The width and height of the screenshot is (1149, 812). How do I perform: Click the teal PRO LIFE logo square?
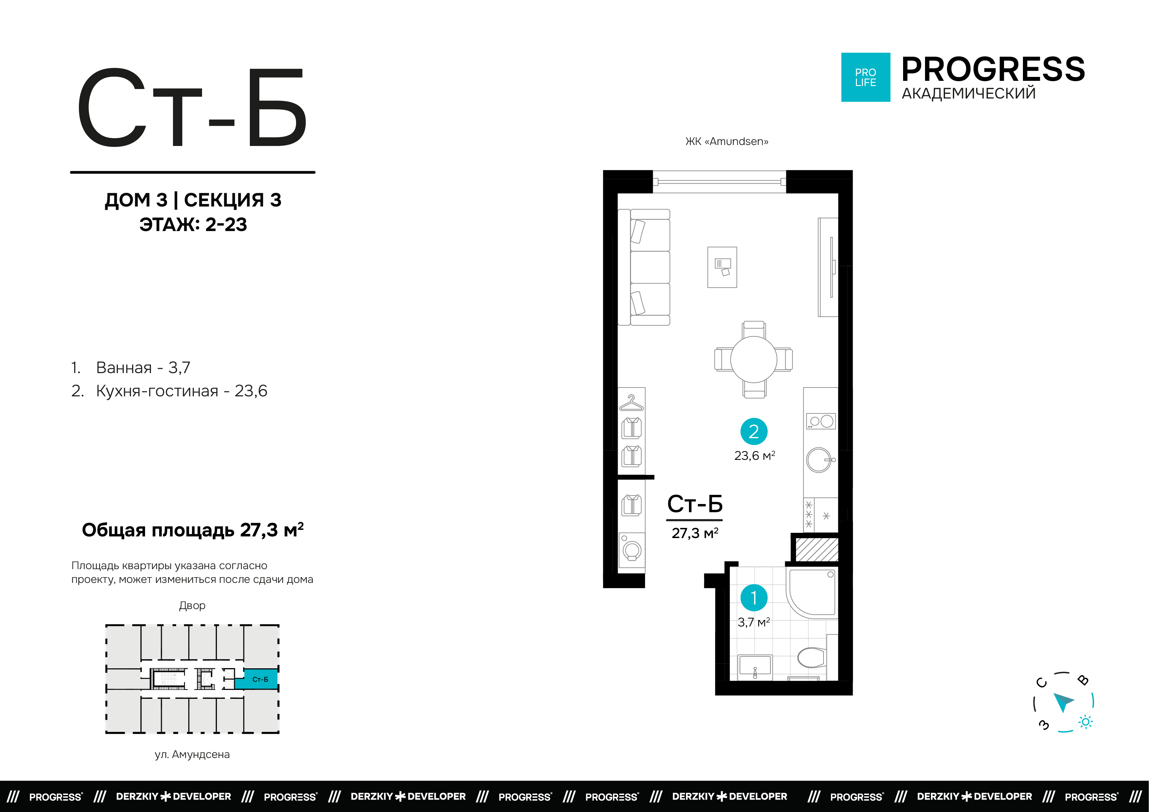click(x=865, y=77)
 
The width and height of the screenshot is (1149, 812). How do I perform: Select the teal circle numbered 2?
click(x=754, y=431)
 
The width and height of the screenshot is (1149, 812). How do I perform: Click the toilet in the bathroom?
click(x=811, y=658)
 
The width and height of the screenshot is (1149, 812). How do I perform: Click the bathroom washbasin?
click(x=755, y=667)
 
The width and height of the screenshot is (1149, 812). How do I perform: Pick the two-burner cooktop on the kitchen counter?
click(x=821, y=421)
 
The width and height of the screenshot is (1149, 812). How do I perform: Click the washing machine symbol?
click(x=632, y=550)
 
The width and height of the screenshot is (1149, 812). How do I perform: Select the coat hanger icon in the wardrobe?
click(x=632, y=403)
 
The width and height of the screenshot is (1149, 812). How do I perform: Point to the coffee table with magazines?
click(x=722, y=267)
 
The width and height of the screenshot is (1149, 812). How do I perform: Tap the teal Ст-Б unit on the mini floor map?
click(x=256, y=679)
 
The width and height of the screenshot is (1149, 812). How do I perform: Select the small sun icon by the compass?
click(x=1085, y=722)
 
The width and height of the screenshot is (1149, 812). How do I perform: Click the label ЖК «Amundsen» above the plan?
click(x=727, y=142)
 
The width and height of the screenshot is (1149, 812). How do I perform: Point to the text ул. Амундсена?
click(x=192, y=754)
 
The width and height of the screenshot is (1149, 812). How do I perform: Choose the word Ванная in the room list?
click(x=124, y=368)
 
